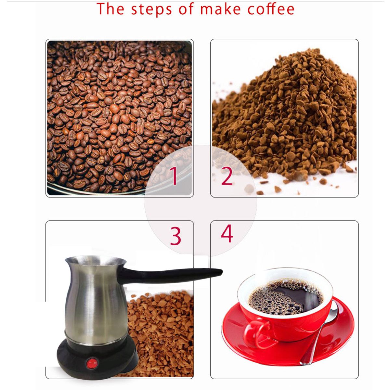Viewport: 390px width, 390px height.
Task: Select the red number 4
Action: pos(227,233)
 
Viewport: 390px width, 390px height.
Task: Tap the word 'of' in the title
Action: pos(186,9)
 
